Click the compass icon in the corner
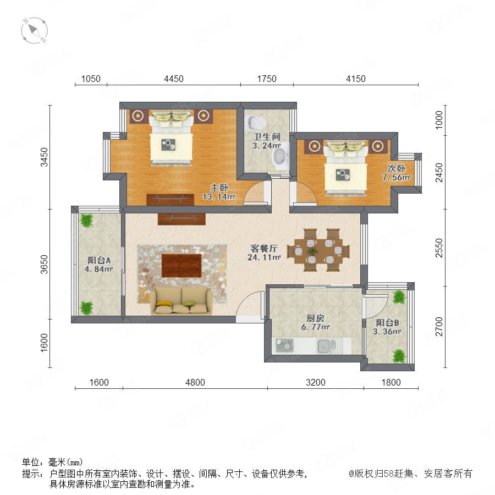tap(34, 30)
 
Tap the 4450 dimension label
tap(174, 79)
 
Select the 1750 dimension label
tap(267, 79)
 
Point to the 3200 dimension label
tap(315, 382)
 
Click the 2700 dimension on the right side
tap(439, 327)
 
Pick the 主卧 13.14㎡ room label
tap(219, 192)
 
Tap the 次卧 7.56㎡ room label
tap(397, 173)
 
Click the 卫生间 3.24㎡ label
tap(267, 141)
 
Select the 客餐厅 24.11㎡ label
tap(264, 252)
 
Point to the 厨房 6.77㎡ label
tap(315, 322)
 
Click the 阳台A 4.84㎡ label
tap(99, 265)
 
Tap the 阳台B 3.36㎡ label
tap(387, 327)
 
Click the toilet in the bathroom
tap(255, 122)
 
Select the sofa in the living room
tap(181, 301)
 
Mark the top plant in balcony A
tap(86, 221)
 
